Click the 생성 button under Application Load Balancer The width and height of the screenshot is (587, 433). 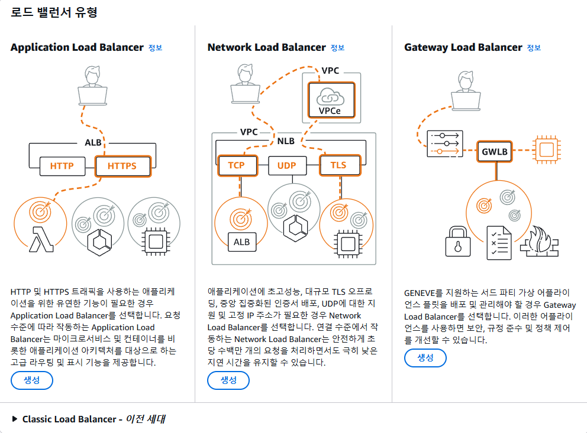click(32, 380)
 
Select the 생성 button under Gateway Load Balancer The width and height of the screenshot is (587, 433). click(425, 358)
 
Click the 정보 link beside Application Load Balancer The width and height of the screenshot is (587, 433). click(155, 48)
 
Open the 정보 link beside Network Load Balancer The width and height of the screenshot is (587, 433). click(337, 48)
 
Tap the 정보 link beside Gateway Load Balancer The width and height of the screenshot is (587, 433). click(534, 48)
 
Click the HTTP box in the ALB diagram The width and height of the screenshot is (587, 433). click(62, 166)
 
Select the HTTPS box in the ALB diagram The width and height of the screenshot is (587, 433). click(122, 166)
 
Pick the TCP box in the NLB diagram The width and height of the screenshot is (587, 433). click(237, 165)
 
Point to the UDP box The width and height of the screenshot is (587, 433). click(286, 165)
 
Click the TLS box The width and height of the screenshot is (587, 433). click(338, 165)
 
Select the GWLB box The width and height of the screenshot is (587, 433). click(495, 151)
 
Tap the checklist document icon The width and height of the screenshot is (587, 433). click(499, 242)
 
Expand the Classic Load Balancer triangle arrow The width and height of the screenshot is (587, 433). click(14, 419)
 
